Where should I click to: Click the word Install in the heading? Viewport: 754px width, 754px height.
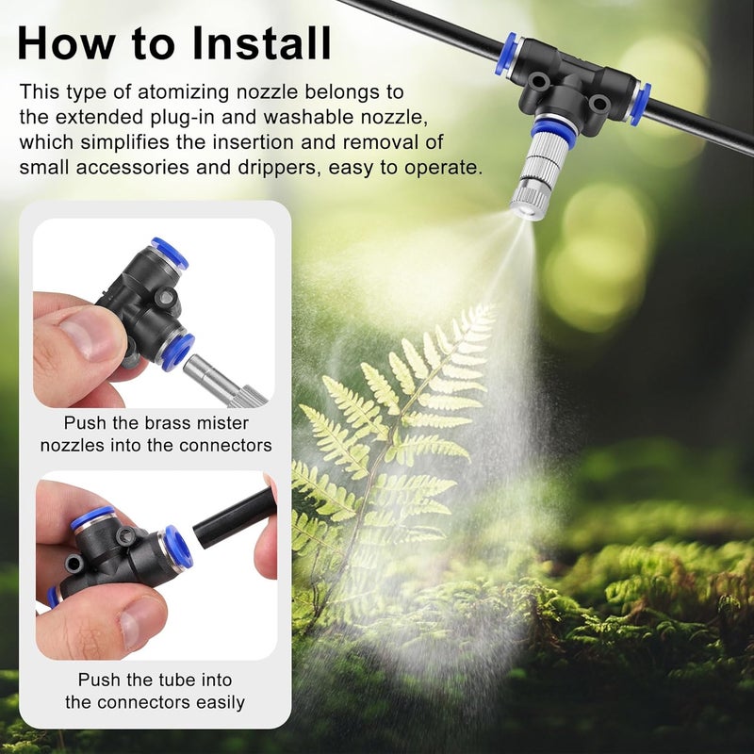tap(262, 43)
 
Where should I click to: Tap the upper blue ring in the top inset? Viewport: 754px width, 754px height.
tap(170, 253)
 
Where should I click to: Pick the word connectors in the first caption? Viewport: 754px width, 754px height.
tap(226, 445)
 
